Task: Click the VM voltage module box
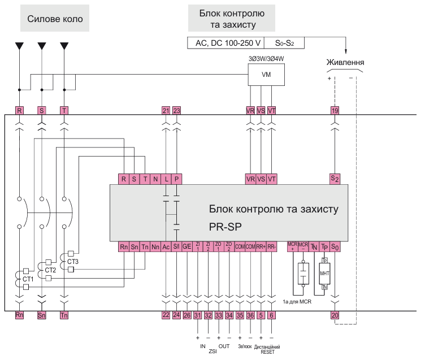pyautogui.click(x=266, y=74)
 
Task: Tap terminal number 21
pyautogui.click(x=166, y=111)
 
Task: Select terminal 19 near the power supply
pyautogui.click(x=335, y=111)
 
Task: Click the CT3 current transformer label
pyautogui.click(x=72, y=262)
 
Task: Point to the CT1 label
pyautogui.click(x=28, y=279)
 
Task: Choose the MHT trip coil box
pyautogui.click(x=324, y=273)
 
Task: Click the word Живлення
pyautogui.click(x=345, y=62)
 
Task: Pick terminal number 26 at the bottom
pyautogui.click(x=187, y=315)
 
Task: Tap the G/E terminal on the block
pyautogui.click(x=187, y=246)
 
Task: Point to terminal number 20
pyautogui.click(x=335, y=315)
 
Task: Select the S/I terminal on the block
pyautogui.click(x=176, y=246)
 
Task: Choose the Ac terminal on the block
pyautogui.click(x=166, y=246)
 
